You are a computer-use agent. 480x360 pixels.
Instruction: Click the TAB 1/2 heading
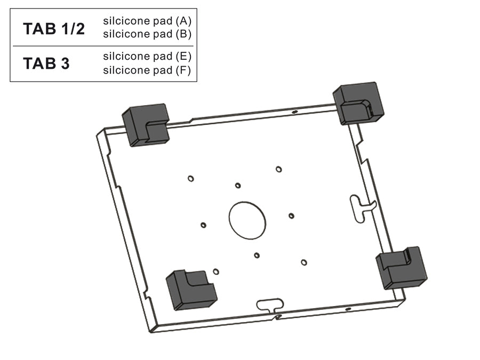click(x=54, y=29)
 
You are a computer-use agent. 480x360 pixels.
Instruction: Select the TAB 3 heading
click(x=46, y=63)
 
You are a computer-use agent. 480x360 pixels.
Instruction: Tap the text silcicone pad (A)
click(x=147, y=21)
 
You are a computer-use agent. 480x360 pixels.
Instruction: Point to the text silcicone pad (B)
click(x=147, y=34)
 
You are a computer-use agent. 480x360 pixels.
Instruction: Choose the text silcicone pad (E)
click(x=147, y=57)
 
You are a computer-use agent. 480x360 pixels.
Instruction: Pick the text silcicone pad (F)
click(x=147, y=70)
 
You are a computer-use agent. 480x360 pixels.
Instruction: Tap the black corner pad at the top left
click(x=146, y=125)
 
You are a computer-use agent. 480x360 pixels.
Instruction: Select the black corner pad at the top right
click(x=358, y=103)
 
